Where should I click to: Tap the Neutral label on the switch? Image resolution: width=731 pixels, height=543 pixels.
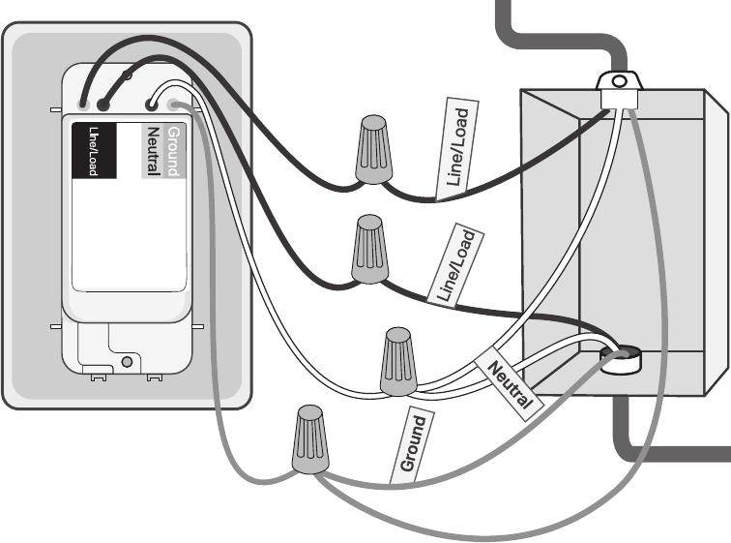coord(152,150)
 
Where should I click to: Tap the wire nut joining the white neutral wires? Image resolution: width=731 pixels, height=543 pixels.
coord(395,361)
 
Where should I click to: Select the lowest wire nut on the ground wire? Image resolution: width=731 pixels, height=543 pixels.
coord(308,440)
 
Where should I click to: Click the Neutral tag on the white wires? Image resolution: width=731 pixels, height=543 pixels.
coord(510,381)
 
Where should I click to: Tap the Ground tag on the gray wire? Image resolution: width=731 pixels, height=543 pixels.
coord(413,444)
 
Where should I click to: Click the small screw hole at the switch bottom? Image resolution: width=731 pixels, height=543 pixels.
coord(127,363)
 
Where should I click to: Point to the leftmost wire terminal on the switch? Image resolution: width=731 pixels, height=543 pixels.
coord(85,102)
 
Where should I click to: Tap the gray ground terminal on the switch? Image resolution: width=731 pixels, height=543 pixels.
coord(173,105)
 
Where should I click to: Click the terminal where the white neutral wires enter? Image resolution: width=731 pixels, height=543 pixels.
coord(152,104)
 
